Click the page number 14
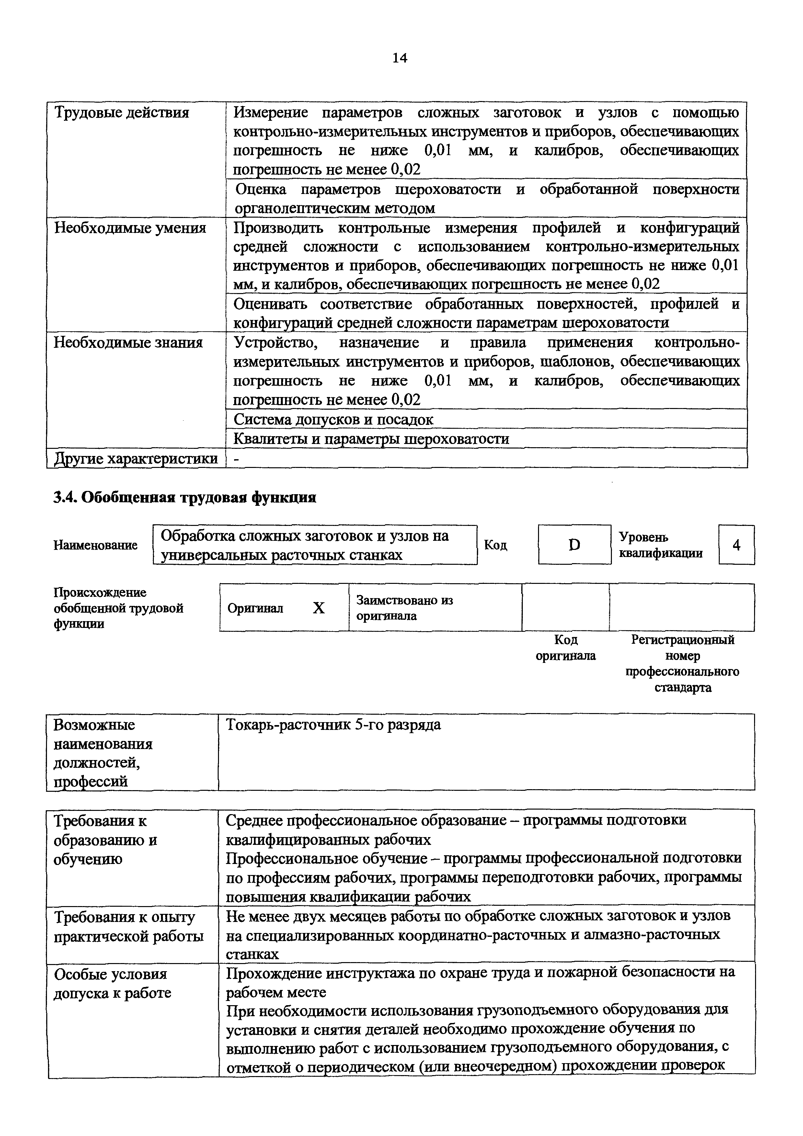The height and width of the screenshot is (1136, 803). click(x=399, y=58)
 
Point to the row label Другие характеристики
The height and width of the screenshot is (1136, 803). click(x=136, y=459)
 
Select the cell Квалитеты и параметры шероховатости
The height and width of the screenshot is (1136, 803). click(x=371, y=439)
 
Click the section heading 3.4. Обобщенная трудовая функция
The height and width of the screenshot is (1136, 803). click(x=185, y=497)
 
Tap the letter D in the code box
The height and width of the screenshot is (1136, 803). click(x=574, y=545)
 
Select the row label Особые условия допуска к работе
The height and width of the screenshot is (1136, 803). click(x=112, y=983)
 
